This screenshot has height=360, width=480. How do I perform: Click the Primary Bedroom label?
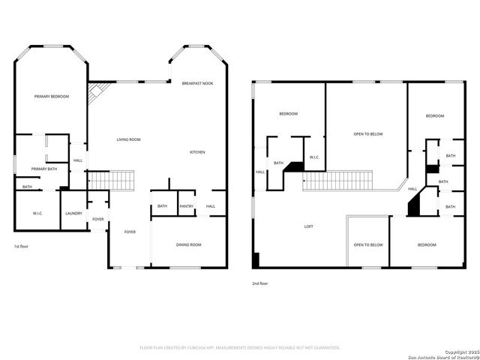(52, 97)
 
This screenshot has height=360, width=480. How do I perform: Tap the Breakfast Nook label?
(197, 83)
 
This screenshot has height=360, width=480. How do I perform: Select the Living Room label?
(128, 139)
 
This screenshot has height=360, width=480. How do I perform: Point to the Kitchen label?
(197, 152)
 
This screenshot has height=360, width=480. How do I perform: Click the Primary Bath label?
(44, 169)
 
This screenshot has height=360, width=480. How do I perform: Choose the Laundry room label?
(73, 214)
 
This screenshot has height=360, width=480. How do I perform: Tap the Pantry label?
(186, 206)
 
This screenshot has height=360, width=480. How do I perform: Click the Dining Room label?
(188, 244)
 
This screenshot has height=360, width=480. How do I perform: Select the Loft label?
(307, 226)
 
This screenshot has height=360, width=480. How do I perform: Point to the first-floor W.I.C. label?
(38, 214)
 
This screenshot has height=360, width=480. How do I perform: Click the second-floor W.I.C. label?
(315, 157)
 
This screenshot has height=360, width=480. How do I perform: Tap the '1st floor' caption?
(21, 247)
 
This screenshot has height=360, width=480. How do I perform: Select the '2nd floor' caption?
(259, 283)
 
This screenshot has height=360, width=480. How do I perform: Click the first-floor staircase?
(112, 181)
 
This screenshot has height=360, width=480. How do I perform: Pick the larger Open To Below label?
(368, 134)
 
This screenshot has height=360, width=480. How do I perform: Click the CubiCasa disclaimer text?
(240, 348)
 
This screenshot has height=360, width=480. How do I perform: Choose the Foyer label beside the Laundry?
(98, 219)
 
